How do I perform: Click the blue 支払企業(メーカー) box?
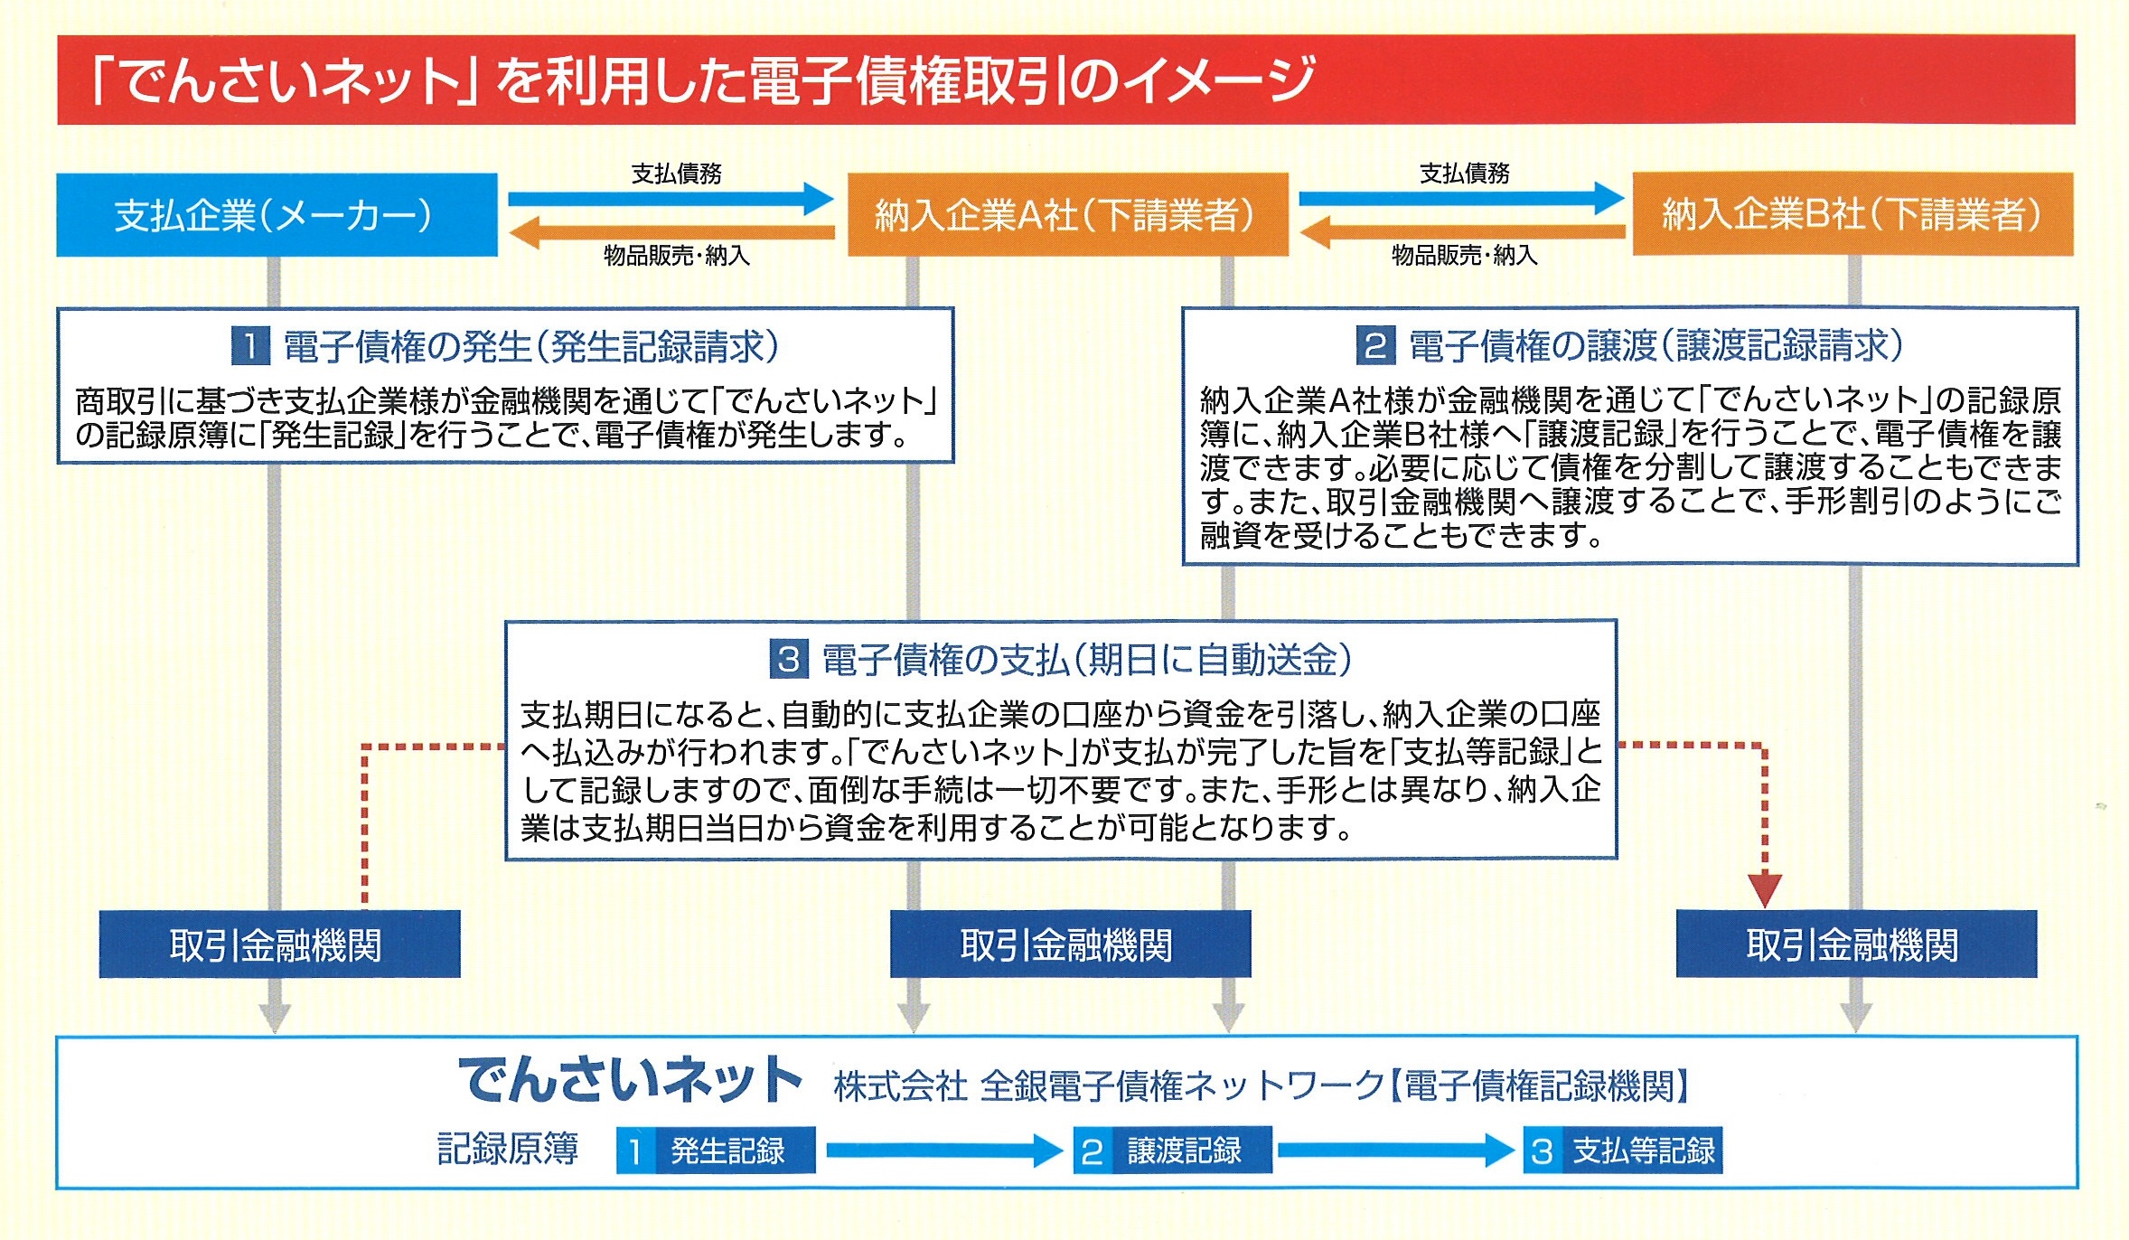(277, 215)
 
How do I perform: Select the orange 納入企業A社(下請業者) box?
(1067, 215)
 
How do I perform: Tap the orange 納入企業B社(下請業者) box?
(1852, 215)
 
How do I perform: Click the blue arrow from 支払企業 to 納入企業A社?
(670, 199)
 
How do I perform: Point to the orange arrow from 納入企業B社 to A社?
(1461, 232)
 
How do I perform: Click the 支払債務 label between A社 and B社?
(1464, 174)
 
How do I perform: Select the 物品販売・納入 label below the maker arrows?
(677, 256)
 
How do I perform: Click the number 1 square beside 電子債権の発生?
(250, 346)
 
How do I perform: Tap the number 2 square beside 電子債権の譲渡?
(1375, 345)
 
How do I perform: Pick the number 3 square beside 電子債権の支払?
(788, 659)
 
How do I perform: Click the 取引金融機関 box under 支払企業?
(279, 944)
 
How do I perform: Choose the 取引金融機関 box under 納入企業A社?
(1070, 944)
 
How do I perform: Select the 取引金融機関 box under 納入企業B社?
(1856, 944)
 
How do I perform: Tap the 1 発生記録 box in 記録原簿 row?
(716, 1151)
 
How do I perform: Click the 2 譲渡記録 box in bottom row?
(1172, 1151)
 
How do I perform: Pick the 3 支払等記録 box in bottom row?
(1622, 1151)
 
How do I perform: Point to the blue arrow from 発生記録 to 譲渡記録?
(943, 1151)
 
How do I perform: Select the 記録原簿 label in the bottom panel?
(508, 1149)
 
